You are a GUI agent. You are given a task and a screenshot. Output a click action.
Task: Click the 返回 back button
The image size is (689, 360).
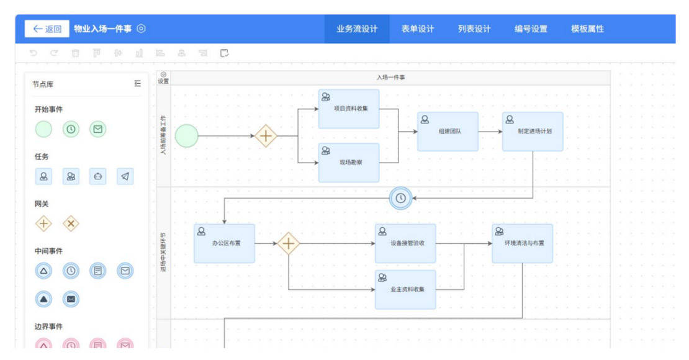(x=47, y=29)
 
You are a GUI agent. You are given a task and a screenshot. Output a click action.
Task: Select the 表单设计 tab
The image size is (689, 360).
(x=418, y=29)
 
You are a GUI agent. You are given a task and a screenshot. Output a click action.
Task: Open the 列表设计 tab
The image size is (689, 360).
(x=474, y=29)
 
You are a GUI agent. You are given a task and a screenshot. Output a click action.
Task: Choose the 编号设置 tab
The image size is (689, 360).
(x=531, y=29)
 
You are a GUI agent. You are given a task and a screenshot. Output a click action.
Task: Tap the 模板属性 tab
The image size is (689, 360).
(x=587, y=29)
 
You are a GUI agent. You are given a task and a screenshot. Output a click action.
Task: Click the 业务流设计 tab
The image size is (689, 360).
(x=357, y=29)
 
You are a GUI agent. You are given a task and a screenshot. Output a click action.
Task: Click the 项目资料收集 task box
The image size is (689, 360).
(x=349, y=109)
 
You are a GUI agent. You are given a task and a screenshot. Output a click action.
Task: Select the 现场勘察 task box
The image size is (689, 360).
(x=349, y=163)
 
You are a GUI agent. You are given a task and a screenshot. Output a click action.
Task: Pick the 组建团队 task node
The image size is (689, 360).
(x=448, y=132)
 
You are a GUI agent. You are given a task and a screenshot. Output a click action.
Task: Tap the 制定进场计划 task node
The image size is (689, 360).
(x=533, y=132)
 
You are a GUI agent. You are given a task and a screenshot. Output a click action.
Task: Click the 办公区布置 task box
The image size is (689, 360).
(x=224, y=243)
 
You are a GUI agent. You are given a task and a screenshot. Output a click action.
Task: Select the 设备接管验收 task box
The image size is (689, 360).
(x=405, y=243)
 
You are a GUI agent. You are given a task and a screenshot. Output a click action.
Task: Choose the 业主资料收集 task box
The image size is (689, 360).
(x=405, y=289)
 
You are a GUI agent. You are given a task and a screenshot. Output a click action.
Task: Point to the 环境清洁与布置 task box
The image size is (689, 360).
(x=522, y=243)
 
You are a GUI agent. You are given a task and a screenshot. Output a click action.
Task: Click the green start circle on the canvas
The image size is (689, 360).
(x=186, y=135)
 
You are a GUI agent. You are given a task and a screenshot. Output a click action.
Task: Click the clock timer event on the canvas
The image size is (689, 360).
(x=401, y=198)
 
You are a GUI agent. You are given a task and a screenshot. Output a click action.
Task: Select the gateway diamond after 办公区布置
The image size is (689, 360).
(x=288, y=243)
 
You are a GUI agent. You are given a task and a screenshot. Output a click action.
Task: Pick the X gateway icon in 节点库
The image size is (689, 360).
(x=71, y=223)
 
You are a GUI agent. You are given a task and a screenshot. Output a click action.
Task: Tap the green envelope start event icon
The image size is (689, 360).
(x=98, y=129)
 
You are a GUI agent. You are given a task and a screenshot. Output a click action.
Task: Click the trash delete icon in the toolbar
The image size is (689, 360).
(x=76, y=53)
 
